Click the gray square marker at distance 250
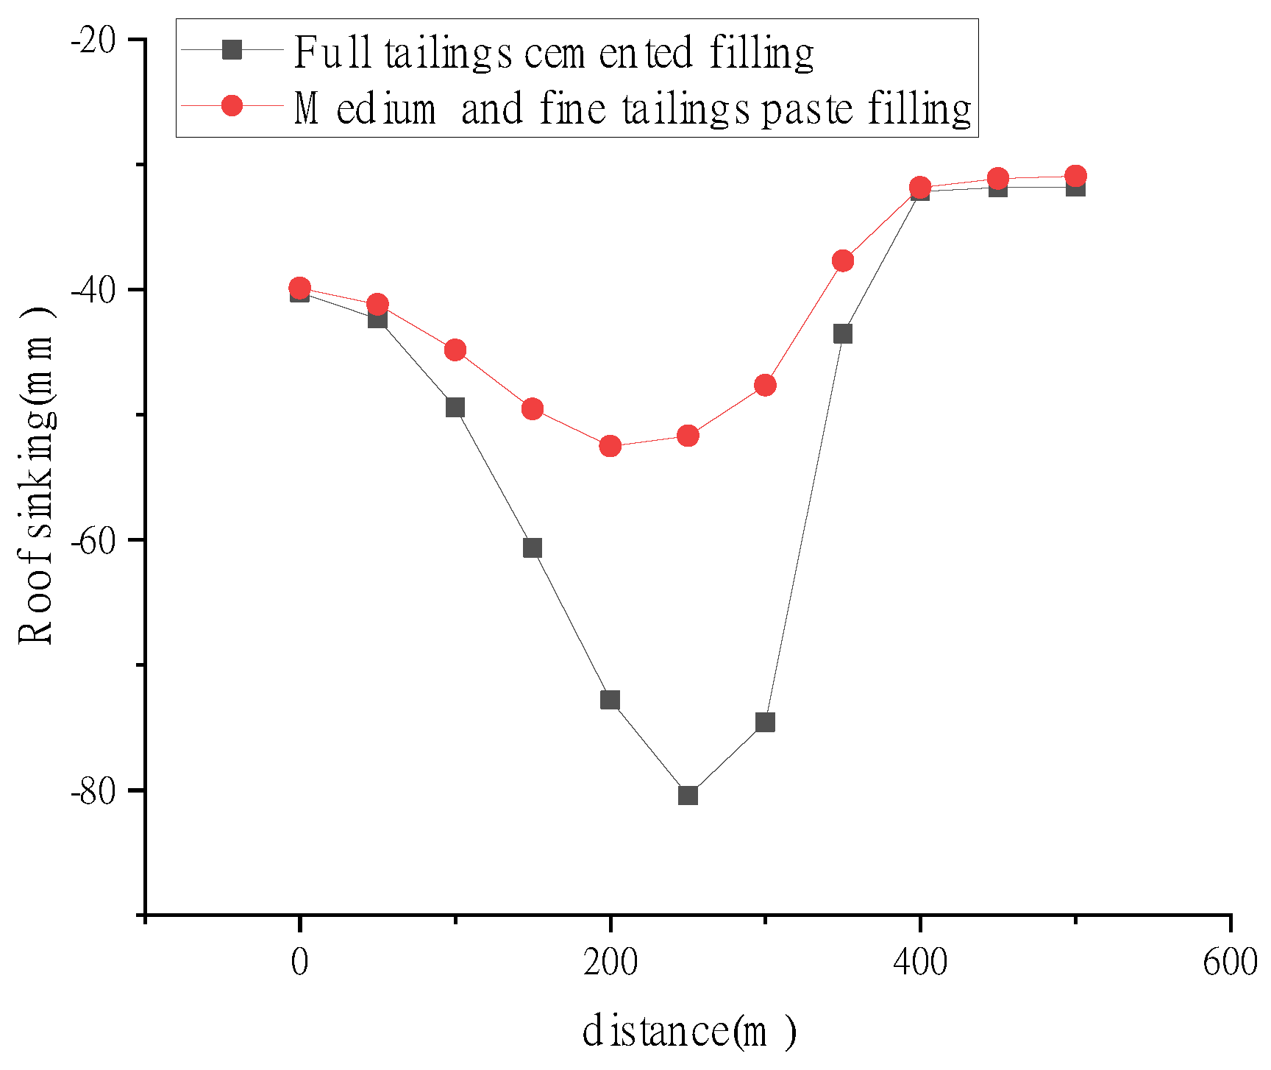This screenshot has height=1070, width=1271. (x=688, y=796)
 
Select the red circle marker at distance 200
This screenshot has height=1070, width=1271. (x=610, y=446)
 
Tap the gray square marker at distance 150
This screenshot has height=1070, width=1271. (x=533, y=548)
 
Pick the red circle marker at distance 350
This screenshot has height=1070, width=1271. (x=843, y=261)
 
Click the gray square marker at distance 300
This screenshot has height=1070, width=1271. (x=765, y=723)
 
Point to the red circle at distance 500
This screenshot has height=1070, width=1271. (x=1075, y=176)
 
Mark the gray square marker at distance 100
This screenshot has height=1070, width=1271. (x=455, y=408)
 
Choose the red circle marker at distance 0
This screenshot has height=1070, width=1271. (x=299, y=288)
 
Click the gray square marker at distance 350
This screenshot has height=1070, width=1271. (x=843, y=334)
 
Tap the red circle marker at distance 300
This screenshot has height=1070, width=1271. (x=765, y=385)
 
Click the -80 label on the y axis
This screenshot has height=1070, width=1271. (x=93, y=792)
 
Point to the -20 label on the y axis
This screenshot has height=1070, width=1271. (x=93, y=40)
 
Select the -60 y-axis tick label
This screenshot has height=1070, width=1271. (x=93, y=542)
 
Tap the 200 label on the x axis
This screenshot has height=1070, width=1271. (x=610, y=963)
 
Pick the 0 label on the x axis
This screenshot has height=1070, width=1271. (x=299, y=963)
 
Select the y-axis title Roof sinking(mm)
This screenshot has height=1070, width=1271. (x=36, y=475)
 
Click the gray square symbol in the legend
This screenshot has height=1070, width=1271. (x=232, y=50)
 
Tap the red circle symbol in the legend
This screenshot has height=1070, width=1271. (x=232, y=106)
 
